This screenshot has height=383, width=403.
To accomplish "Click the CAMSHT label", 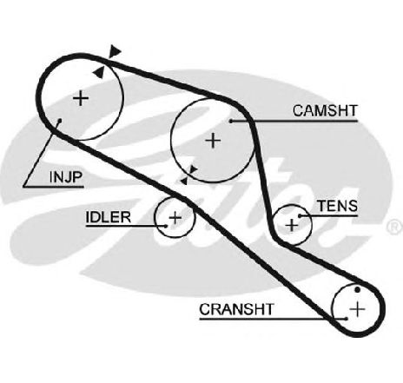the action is [325, 110].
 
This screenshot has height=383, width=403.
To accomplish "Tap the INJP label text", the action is [66, 177].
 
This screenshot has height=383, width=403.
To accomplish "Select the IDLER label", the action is [109, 217].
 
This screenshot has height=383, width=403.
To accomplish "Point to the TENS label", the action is [338, 206].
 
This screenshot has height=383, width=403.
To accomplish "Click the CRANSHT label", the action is [236, 309].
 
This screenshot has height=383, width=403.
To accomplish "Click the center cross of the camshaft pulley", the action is [213, 141].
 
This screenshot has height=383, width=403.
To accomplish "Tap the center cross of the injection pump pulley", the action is [81, 98].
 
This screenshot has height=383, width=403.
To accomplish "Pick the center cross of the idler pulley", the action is [175, 217].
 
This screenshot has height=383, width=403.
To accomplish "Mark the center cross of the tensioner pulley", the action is [292, 225].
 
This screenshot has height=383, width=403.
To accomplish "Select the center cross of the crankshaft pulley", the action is [358, 309].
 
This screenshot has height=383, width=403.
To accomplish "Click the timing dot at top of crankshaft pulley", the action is [358, 289].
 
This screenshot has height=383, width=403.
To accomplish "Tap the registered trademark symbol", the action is [395, 227].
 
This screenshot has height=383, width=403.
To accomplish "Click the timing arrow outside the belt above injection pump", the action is [115, 51].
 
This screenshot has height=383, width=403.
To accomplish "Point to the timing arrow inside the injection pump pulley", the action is [99, 72].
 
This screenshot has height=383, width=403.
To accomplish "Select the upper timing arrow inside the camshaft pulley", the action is [192, 170].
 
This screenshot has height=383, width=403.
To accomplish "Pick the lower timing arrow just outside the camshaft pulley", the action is [184, 181].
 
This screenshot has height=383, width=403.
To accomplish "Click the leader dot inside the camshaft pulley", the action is [231, 121].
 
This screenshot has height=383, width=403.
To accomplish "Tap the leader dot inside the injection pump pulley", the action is [60, 121].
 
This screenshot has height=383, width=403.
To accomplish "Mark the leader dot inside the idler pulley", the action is [166, 226].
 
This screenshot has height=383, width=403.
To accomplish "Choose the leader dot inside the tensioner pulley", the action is [300, 216].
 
